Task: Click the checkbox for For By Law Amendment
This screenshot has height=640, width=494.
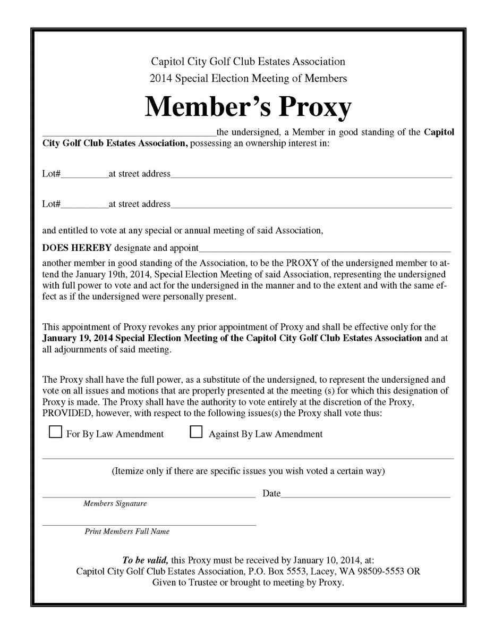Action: [55, 433]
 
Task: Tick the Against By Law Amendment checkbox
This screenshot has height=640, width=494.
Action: [197, 433]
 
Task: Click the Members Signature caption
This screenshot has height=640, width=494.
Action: [115, 503]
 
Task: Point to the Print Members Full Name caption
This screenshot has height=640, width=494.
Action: [127, 531]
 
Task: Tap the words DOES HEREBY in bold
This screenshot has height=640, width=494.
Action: [77, 248]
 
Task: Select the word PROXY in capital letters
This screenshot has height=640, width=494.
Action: [302, 263]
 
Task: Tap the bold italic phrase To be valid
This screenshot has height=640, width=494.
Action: [145, 560]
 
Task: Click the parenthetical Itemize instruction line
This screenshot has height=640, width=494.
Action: [248, 470]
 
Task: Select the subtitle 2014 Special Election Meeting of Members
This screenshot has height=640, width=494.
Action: [248, 78]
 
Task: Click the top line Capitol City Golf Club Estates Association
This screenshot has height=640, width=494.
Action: [248, 62]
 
